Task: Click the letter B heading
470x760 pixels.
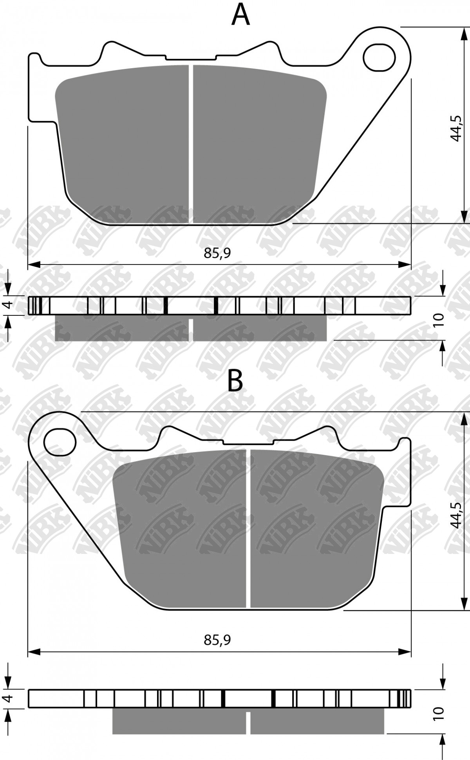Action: [x=235, y=380]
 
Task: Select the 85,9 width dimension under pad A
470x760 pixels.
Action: [x=217, y=253]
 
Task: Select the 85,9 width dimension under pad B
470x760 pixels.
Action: [x=217, y=640]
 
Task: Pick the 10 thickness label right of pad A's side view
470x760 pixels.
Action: [x=439, y=320]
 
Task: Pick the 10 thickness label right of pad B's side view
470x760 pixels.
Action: [x=439, y=713]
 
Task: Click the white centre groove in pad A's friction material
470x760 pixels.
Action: [x=191, y=145]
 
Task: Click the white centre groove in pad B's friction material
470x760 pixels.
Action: [x=248, y=529]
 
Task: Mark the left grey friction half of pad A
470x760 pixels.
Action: [x=125, y=145]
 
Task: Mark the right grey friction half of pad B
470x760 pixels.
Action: [x=313, y=529]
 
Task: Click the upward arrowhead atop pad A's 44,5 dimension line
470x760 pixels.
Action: [x=464, y=33]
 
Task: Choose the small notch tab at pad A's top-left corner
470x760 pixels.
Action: [x=35, y=59]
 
